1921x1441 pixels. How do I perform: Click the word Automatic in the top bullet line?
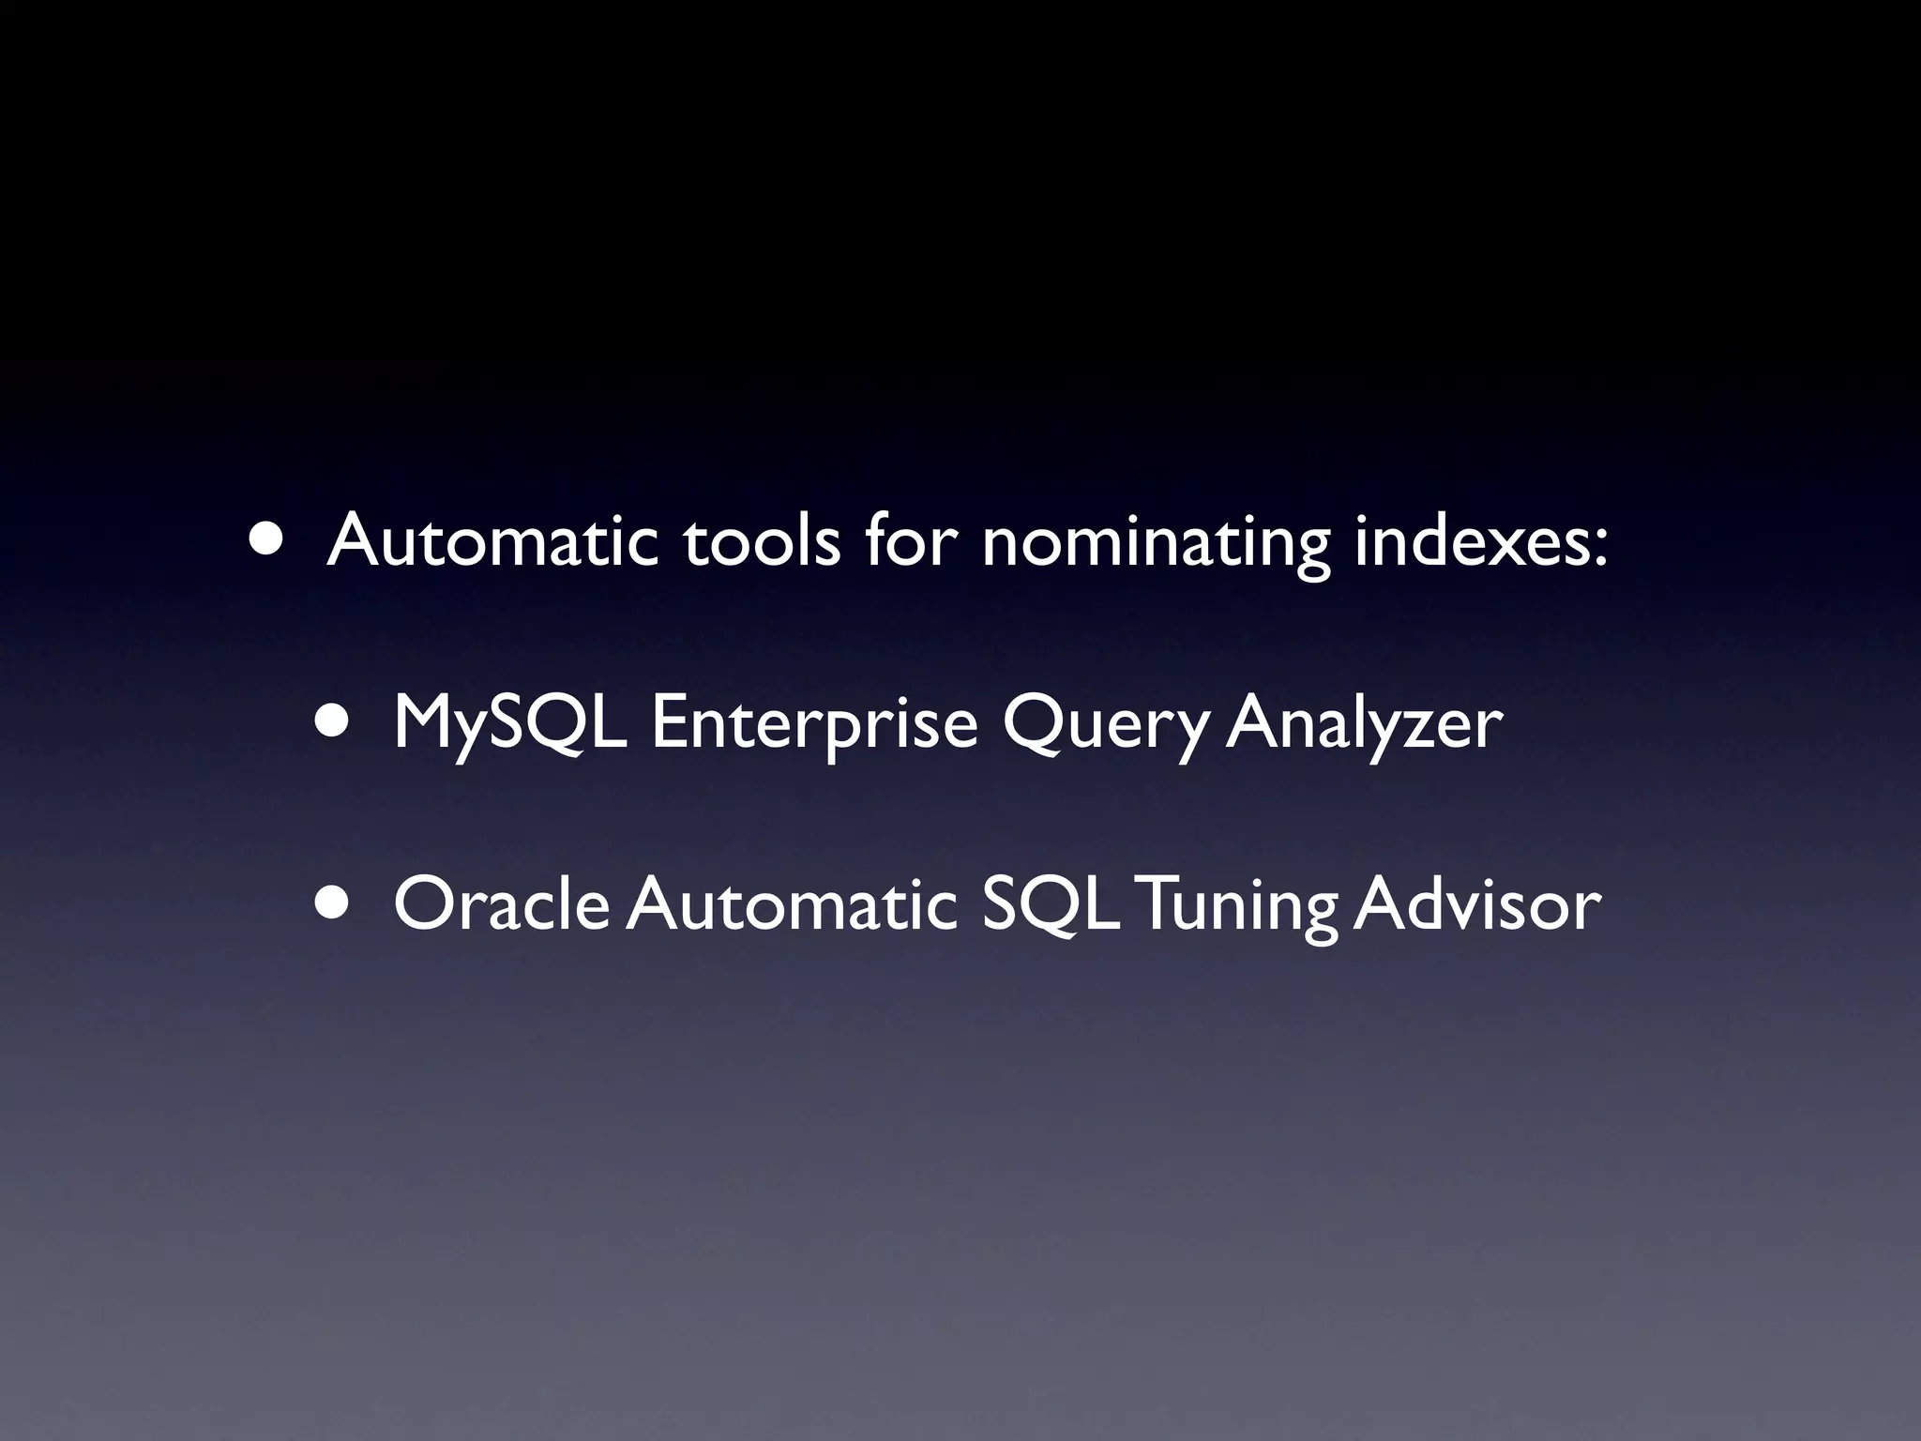point(492,541)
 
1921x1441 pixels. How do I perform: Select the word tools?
point(762,541)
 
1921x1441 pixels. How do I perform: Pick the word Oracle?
point(502,904)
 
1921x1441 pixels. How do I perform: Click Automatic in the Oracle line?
point(792,904)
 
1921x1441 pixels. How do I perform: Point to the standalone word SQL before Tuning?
point(1050,904)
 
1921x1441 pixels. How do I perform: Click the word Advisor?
point(1476,904)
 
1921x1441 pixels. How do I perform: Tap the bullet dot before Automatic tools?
point(265,540)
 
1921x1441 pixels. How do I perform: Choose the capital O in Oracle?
point(424,904)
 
